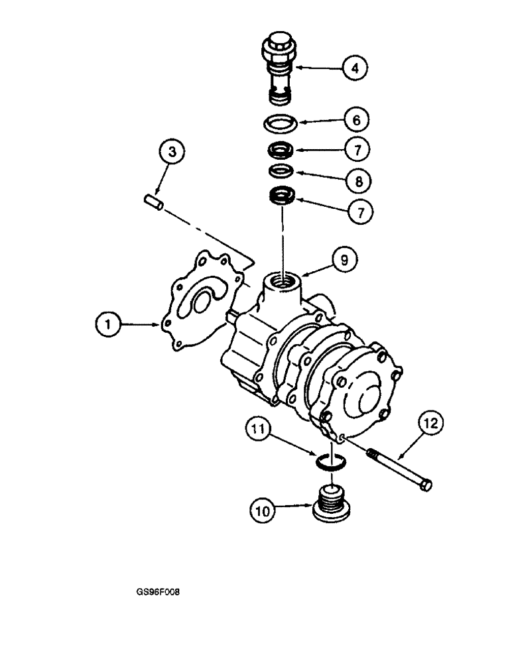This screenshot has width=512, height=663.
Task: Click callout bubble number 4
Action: pyautogui.click(x=356, y=68)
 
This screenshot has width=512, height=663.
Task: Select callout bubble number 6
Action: pyautogui.click(x=356, y=121)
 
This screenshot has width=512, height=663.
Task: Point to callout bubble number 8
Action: pyautogui.click(x=356, y=180)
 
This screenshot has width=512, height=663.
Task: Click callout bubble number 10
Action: pyautogui.click(x=265, y=511)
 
